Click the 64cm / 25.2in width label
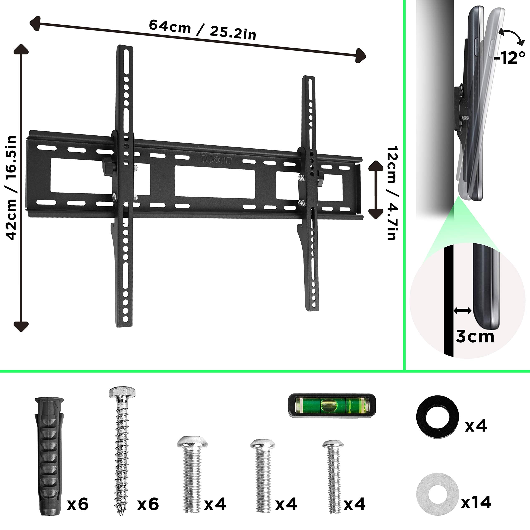[x=202, y=30]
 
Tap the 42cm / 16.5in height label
[x=12, y=188]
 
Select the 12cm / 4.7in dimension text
[x=392, y=193]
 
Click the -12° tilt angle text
[x=510, y=58]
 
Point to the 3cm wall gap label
[x=475, y=336]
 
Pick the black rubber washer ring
[x=437, y=417]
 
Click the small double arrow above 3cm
[x=462, y=311]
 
